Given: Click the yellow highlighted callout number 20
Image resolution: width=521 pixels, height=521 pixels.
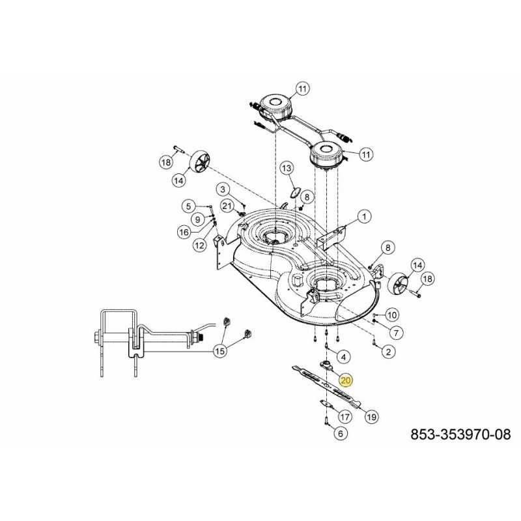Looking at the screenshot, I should (x=346, y=381).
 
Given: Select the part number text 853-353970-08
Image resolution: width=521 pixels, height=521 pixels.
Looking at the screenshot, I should (x=460, y=434).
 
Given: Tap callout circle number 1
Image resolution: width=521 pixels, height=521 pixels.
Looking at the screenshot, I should (x=364, y=216).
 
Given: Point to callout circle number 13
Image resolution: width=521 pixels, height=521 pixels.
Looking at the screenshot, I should (x=288, y=169).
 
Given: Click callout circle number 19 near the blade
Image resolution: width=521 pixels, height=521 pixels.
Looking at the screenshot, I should (x=373, y=417).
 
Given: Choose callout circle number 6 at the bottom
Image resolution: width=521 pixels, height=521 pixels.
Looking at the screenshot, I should (x=340, y=433).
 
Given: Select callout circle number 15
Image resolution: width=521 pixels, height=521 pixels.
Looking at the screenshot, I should (x=221, y=351).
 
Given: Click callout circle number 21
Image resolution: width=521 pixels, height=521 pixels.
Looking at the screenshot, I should (x=227, y=206).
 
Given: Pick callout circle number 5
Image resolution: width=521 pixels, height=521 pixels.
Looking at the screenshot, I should (x=188, y=206).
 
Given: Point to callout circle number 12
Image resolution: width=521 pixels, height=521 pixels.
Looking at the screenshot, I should (x=199, y=245).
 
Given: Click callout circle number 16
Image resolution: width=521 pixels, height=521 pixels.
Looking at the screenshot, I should (x=184, y=231).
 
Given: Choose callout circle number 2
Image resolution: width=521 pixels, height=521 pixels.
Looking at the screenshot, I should (x=388, y=352).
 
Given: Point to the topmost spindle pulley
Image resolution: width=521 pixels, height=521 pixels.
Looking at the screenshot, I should (x=274, y=104).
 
